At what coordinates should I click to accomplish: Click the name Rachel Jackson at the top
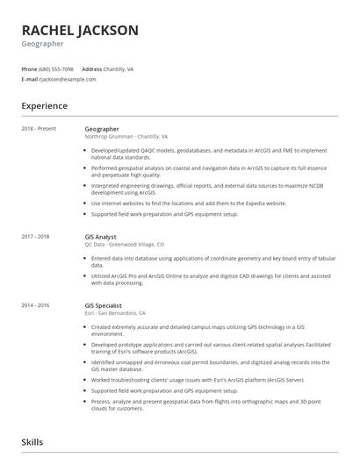point(80,30)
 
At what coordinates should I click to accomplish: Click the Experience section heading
point(45,106)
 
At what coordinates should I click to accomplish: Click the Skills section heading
point(32,443)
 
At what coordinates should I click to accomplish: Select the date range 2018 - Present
point(39,129)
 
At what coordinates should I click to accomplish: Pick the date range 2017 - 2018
point(36,236)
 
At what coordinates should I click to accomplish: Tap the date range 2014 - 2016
point(36,304)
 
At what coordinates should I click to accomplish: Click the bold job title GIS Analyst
point(102,236)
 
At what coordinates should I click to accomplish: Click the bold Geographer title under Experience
point(102,129)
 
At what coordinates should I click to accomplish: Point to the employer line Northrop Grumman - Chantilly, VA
point(126,137)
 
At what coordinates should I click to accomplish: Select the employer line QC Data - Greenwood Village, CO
point(124,244)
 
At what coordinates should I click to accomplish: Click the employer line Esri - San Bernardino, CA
point(115,312)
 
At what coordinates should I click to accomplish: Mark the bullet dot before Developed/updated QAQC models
point(86,150)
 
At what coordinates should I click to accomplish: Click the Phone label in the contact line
point(29,68)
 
